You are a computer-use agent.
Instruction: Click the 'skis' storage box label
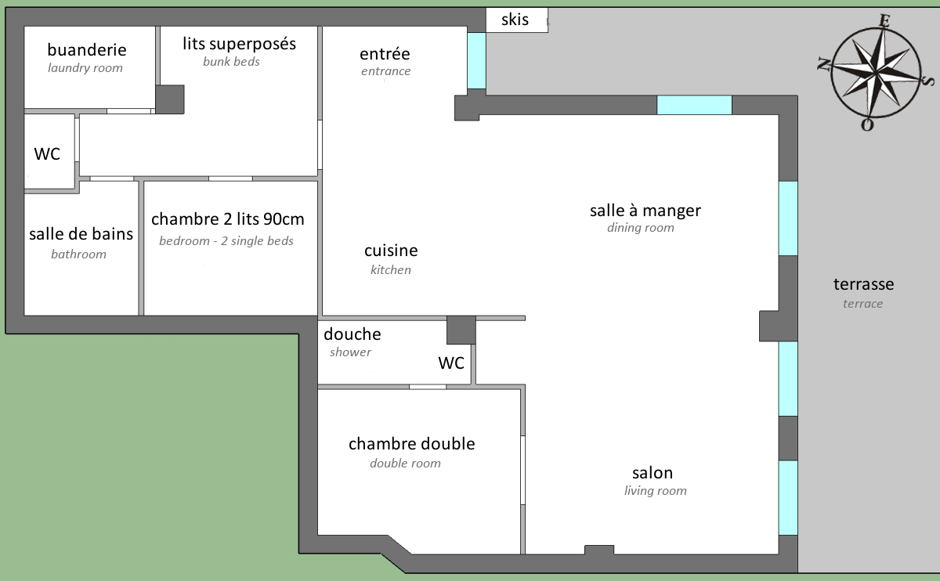(x=515, y=20)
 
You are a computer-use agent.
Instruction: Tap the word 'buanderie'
(x=87, y=50)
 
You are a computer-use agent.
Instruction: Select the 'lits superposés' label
(x=239, y=44)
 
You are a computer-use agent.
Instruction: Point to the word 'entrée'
(x=385, y=54)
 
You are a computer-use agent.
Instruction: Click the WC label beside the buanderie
(x=47, y=154)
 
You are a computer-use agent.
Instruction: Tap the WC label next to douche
(x=451, y=363)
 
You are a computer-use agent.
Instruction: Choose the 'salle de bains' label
(x=81, y=234)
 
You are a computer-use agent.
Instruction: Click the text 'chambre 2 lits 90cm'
(x=228, y=219)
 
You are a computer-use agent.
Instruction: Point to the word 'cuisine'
(x=391, y=251)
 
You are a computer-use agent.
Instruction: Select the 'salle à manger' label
(x=645, y=211)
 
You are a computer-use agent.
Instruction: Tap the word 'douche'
(x=352, y=334)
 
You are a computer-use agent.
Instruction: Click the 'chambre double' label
(x=412, y=444)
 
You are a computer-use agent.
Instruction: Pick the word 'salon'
(x=653, y=473)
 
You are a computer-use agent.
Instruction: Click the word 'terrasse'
(x=863, y=284)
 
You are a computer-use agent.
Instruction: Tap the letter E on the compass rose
(x=884, y=20)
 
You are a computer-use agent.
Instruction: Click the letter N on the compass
(x=824, y=64)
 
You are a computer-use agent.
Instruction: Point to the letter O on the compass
(x=867, y=125)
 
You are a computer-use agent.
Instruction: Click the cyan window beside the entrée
(x=477, y=61)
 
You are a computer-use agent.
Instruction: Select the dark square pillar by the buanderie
(x=170, y=99)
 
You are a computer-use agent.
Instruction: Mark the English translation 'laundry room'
(x=85, y=68)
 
